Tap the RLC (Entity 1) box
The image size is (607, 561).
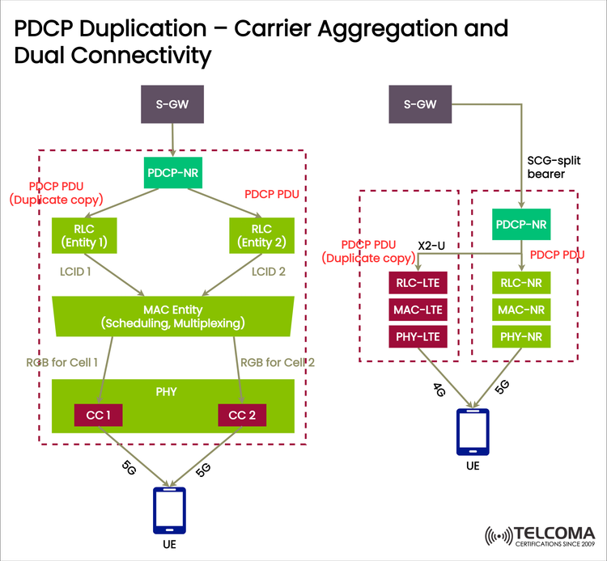coord(83,234)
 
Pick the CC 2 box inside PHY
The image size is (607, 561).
coord(242,415)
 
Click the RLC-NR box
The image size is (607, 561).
coord(521,282)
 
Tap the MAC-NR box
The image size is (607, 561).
coord(521,309)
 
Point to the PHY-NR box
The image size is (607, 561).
coord(521,335)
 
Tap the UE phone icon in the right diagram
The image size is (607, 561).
coord(472,432)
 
